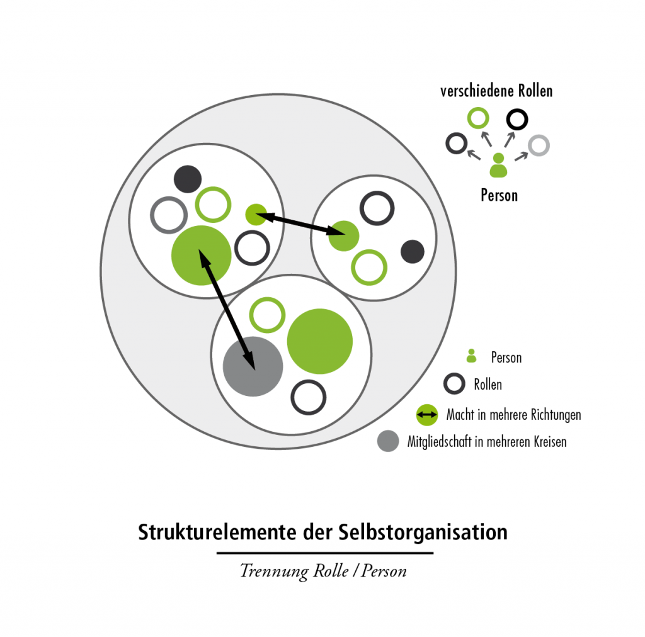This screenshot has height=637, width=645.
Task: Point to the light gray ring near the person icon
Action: point(539,145)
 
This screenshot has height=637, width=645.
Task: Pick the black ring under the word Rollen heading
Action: point(517,119)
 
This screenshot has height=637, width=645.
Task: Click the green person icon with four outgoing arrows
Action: point(498,165)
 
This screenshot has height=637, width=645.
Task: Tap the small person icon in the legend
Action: point(471,356)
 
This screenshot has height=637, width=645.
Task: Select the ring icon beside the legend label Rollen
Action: point(454,384)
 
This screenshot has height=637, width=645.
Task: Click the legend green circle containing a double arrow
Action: point(427,415)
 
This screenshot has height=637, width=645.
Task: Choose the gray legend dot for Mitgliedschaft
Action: point(388,441)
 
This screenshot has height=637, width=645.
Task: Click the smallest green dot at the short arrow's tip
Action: point(255,215)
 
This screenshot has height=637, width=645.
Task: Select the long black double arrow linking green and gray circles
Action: point(227,309)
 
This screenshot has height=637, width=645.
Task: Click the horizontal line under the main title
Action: point(324,553)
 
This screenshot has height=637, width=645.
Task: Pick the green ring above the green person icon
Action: point(477,118)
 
